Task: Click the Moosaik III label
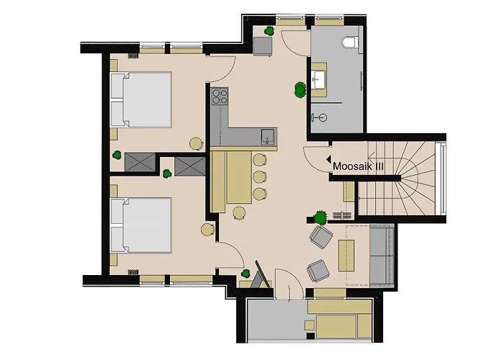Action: pyautogui.click(x=359, y=166)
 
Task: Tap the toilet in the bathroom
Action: pyautogui.click(x=351, y=42)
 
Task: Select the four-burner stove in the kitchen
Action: pyautogui.click(x=220, y=96)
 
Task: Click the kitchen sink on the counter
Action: pyautogui.click(x=268, y=136)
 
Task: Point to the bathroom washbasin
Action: pyautogui.click(x=318, y=79)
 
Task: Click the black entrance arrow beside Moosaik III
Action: pyautogui.click(x=328, y=159)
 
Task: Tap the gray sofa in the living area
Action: pyautogui.click(x=382, y=255)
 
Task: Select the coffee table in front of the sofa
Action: pyautogui.click(x=346, y=256)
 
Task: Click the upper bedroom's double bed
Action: pyautogui.click(x=141, y=99)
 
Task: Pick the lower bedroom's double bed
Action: pyautogui.click(x=141, y=225)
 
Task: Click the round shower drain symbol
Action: pyautogui.click(x=323, y=117)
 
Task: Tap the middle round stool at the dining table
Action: pyautogui.click(x=260, y=177)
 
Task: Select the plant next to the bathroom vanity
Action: pyautogui.click(x=300, y=90)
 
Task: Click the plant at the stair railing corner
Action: pyautogui.click(x=320, y=217)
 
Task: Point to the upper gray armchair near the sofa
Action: pyautogui.click(x=321, y=237)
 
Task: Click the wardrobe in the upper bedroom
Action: pyautogui.click(x=140, y=162)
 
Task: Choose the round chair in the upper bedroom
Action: pyautogui.click(x=196, y=143)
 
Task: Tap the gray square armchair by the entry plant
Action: pyautogui.click(x=263, y=46)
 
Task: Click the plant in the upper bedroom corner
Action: pyautogui.click(x=117, y=155)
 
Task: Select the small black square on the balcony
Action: pyautogui.click(x=310, y=336)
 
